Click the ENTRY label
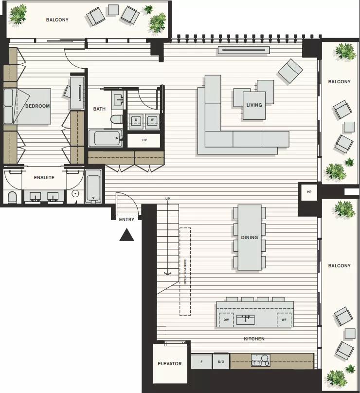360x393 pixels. coord(126,220)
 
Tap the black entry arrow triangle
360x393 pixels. coord(126,235)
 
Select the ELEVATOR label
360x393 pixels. coord(170,364)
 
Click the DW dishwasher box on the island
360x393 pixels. coord(226,319)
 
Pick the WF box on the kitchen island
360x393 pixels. coord(284,319)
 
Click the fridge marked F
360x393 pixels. coord(201,361)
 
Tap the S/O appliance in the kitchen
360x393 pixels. coord(221,361)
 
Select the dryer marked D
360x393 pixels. coord(136,121)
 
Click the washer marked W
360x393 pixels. coord(152,121)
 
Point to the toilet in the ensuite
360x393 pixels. coord(12,198)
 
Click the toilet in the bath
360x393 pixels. coord(116,119)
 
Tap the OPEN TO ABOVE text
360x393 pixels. coord(185,272)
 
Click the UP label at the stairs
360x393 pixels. coord(167,199)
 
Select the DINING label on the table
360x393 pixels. coord(250,237)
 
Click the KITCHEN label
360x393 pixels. coord(254,339)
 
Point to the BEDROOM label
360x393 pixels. coord(37,106)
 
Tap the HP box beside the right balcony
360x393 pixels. coord(309,192)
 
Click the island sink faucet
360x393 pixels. coord(245,318)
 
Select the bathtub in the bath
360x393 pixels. coord(106,138)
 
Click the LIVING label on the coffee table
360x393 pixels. coord(254,105)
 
